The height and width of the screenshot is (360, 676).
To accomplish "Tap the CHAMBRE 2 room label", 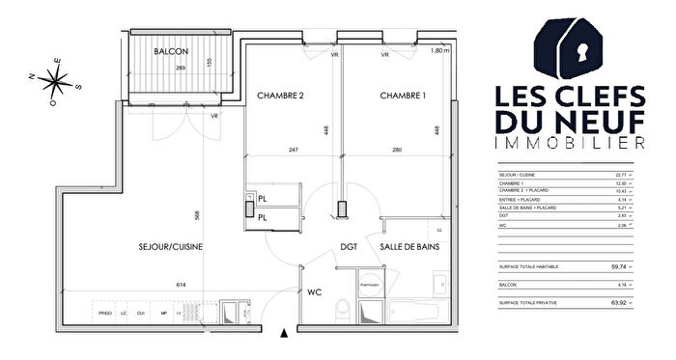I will (x=281, y=96).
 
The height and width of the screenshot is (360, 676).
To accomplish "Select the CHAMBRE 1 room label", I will (x=404, y=96).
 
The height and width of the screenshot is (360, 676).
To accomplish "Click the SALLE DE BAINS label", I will (x=409, y=247).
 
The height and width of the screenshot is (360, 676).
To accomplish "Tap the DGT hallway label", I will (x=349, y=247).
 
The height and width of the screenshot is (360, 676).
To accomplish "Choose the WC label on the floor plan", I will (x=314, y=291).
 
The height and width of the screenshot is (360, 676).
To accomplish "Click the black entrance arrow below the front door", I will (x=283, y=334).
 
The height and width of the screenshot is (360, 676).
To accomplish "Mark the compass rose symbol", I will (x=47, y=84).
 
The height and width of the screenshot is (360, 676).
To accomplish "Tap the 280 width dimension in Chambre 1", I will (x=397, y=150).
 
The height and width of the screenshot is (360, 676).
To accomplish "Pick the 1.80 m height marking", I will (x=440, y=51).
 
